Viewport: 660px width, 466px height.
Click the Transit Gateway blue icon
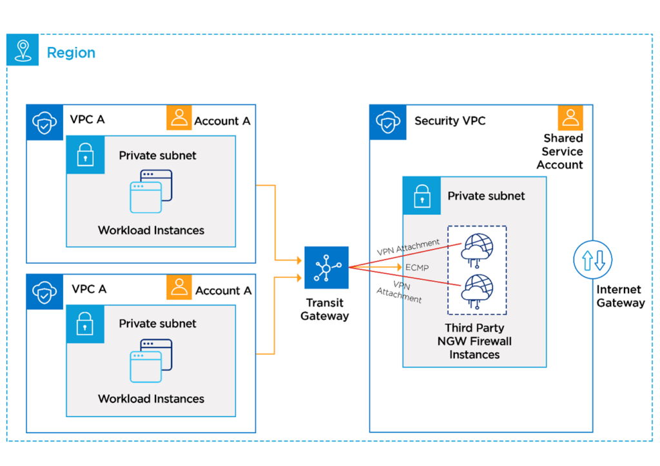click(x=326, y=268)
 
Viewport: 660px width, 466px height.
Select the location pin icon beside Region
click(x=23, y=50)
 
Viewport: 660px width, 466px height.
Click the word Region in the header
click(x=71, y=53)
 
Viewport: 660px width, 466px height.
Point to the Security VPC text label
click(x=449, y=121)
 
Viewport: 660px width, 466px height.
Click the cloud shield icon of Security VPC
click(x=387, y=122)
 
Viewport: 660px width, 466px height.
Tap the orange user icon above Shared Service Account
click(x=570, y=118)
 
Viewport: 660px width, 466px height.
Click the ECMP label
click(x=417, y=267)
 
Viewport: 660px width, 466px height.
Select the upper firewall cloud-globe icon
click(x=476, y=247)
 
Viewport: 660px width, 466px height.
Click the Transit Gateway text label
click(x=324, y=309)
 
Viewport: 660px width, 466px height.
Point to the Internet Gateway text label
click(x=620, y=296)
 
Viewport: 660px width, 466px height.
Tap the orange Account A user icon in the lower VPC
click(x=179, y=287)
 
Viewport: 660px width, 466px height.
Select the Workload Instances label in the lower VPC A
click(x=151, y=398)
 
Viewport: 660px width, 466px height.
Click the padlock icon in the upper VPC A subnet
click(x=85, y=155)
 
